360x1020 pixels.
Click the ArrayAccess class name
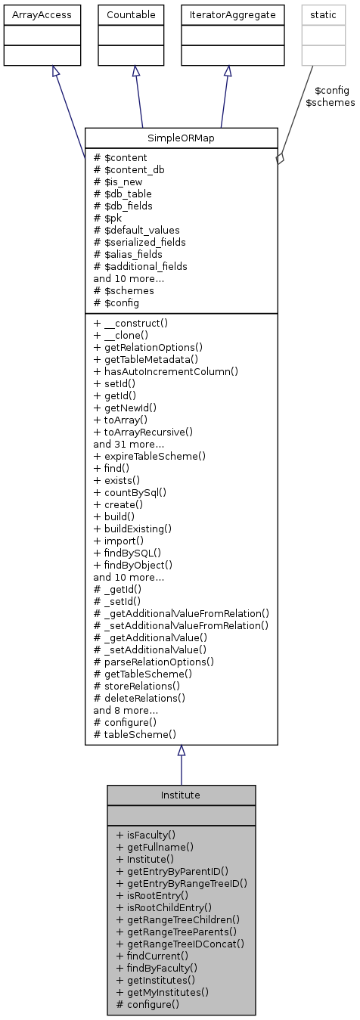click(42, 14)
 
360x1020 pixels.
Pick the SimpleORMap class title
click(182, 138)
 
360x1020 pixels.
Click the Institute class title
click(181, 795)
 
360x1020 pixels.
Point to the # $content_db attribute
click(129, 169)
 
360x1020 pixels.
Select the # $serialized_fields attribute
click(140, 242)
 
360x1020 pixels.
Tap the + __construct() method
click(131, 323)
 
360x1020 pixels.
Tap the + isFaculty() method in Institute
click(146, 836)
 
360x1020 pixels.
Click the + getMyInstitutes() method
click(163, 993)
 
